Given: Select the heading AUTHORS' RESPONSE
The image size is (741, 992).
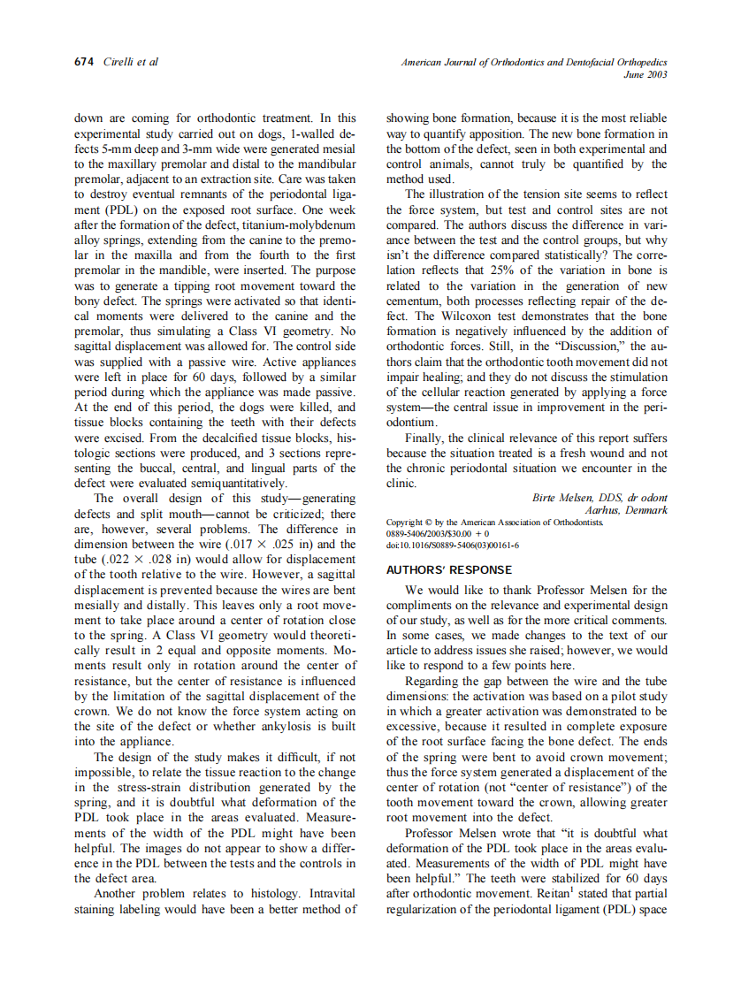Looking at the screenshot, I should point(449,570).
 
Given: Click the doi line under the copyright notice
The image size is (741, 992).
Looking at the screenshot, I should point(453,545).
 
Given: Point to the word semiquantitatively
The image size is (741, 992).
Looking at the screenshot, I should point(233,483).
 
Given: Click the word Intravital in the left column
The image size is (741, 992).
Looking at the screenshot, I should point(330,894).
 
